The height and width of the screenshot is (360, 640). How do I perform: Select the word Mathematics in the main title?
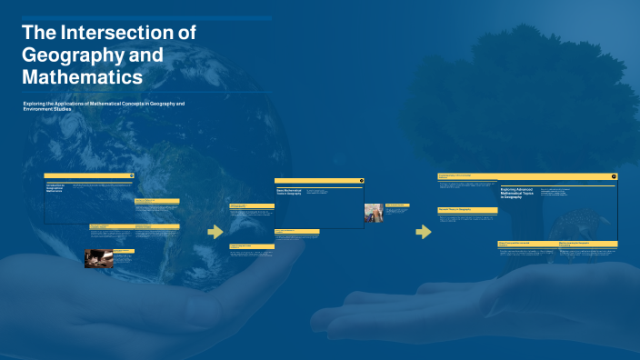(x=82, y=77)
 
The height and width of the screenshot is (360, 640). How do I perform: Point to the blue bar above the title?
(x=145, y=18)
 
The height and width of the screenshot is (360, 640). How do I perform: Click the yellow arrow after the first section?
(x=215, y=232)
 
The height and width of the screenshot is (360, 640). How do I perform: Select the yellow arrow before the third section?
(x=423, y=232)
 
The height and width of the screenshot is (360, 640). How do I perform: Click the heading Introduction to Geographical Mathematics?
(x=57, y=188)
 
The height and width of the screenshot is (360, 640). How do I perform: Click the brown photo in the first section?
(x=99, y=258)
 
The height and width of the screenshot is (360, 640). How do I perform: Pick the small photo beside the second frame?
(x=374, y=214)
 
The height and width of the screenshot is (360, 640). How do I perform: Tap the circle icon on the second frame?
(x=360, y=180)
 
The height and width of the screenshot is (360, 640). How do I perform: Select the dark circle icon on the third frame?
(x=614, y=176)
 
